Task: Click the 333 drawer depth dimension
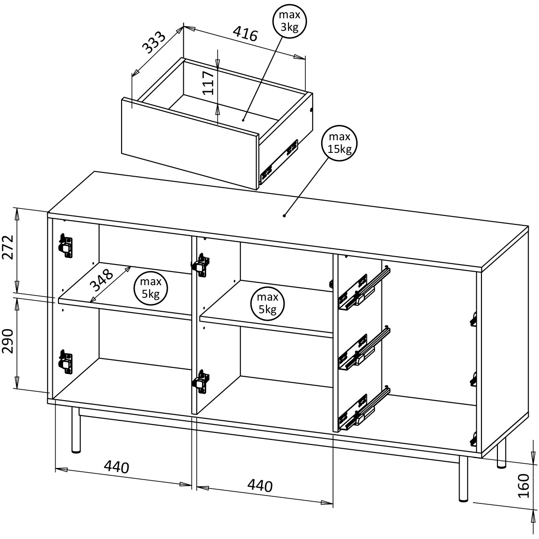tap(154, 43)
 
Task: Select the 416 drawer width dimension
tap(245, 34)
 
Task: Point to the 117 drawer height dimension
tap(209, 83)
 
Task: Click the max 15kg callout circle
tap(339, 144)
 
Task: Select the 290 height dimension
tap(7, 342)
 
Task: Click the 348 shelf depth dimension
tap(102, 280)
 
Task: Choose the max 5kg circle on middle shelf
tap(267, 303)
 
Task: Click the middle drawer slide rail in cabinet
tap(362, 349)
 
